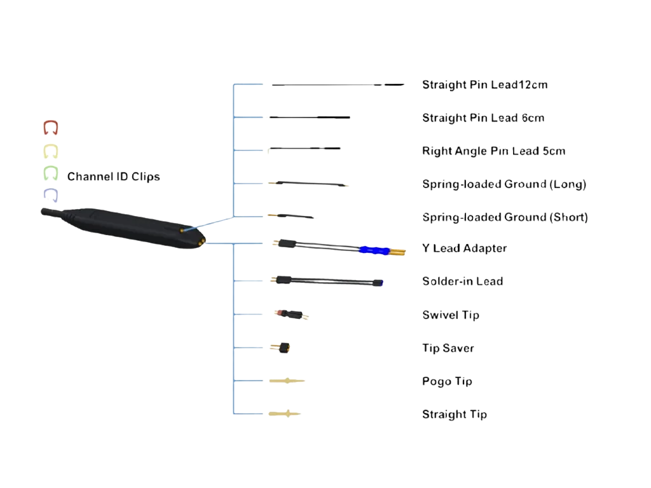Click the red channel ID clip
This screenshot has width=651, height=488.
[51, 128]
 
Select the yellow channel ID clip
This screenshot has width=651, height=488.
[51, 152]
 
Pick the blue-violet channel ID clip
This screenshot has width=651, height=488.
[51, 194]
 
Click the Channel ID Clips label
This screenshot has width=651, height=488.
[114, 177]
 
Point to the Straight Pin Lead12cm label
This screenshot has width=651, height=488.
[485, 85]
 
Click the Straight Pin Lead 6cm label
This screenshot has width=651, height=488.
[483, 118]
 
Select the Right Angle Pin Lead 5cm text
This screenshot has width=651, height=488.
[493, 151]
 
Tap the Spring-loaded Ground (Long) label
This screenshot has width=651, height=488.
[504, 184]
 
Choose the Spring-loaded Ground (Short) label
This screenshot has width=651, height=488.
[505, 217]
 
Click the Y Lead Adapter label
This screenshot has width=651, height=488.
[465, 248]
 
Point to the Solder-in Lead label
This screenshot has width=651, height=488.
[463, 281]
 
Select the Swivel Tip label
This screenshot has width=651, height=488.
[451, 315]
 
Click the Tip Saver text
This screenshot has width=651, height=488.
[448, 348]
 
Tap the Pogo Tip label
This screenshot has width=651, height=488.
[448, 381]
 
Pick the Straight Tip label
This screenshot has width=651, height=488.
[455, 415]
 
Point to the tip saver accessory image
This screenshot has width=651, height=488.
[282, 347]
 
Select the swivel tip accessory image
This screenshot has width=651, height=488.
[291, 314]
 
